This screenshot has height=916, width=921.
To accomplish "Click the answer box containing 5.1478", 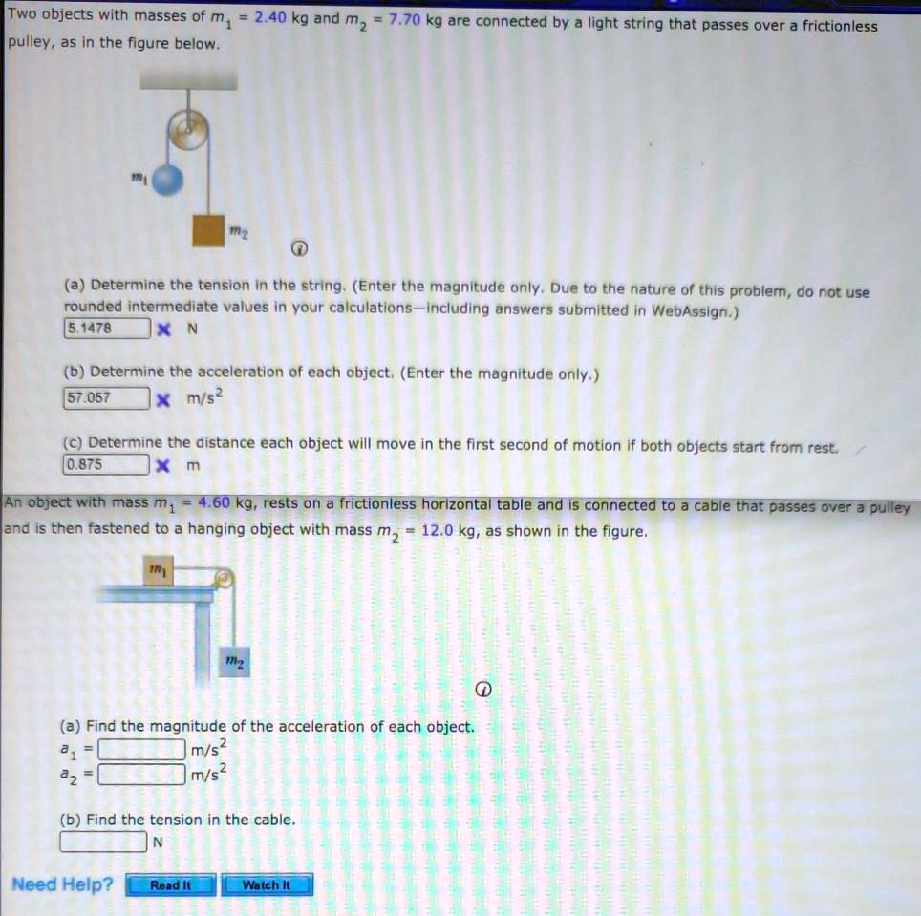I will click(106, 329).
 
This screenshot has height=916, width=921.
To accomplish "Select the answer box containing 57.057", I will click(106, 397).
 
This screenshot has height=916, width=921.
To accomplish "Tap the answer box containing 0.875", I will click(106, 466).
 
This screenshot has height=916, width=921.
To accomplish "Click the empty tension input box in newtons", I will click(104, 842).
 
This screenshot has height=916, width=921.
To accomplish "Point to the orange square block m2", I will click(207, 229).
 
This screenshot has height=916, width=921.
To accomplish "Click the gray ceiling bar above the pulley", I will click(187, 79).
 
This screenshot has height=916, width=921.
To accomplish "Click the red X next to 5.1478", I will click(163, 330).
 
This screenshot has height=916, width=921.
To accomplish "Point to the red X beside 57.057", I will click(163, 398).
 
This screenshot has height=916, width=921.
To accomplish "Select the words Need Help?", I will click(61, 884).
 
